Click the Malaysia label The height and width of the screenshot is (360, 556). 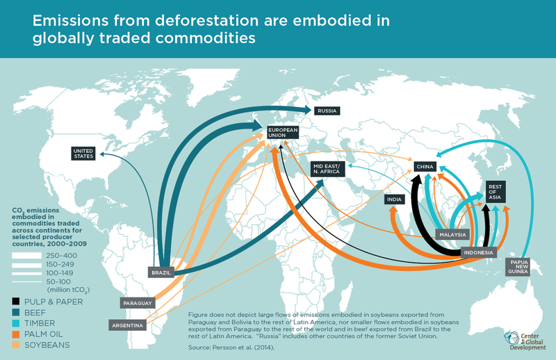click(452, 235)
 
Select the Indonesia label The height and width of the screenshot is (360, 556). click(478, 252)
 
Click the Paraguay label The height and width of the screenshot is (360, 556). click(135, 304)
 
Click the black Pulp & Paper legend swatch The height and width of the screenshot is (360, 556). click(15, 302)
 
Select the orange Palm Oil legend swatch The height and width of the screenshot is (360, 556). click(15, 334)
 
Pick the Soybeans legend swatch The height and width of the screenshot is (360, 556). click(15, 345)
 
